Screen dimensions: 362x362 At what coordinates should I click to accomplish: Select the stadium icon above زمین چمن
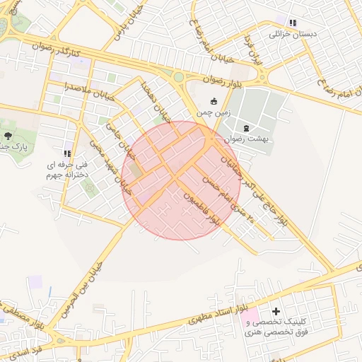tap(214, 100)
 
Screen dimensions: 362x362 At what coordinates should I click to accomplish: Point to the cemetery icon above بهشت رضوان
tap(245, 128)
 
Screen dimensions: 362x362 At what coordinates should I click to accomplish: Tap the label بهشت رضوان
tap(245, 139)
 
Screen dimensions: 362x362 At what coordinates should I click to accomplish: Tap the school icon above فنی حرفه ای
tap(68, 153)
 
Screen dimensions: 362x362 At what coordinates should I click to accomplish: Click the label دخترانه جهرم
tap(64, 173)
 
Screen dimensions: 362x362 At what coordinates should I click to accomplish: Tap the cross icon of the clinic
tap(276, 311)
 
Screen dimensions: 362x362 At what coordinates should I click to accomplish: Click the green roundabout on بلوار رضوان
tap(179, 77)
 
